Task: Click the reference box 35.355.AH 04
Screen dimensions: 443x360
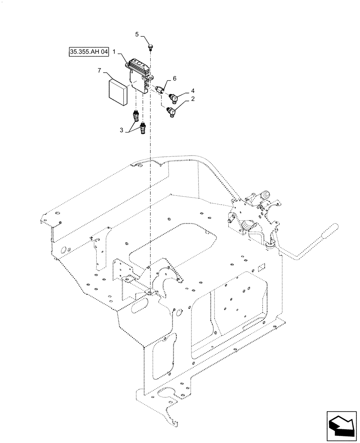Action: (89, 52)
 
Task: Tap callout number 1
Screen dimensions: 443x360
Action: (114, 52)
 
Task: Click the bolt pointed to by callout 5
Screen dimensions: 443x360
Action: (151, 45)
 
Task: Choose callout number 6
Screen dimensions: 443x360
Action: (174, 78)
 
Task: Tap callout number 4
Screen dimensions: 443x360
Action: (192, 91)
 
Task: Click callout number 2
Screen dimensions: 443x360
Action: (192, 101)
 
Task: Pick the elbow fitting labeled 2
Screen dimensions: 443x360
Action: (171, 113)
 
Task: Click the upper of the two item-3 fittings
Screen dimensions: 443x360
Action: (136, 117)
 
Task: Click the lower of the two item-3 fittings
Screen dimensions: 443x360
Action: (143, 129)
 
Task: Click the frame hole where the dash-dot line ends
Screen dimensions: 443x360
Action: (151, 291)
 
